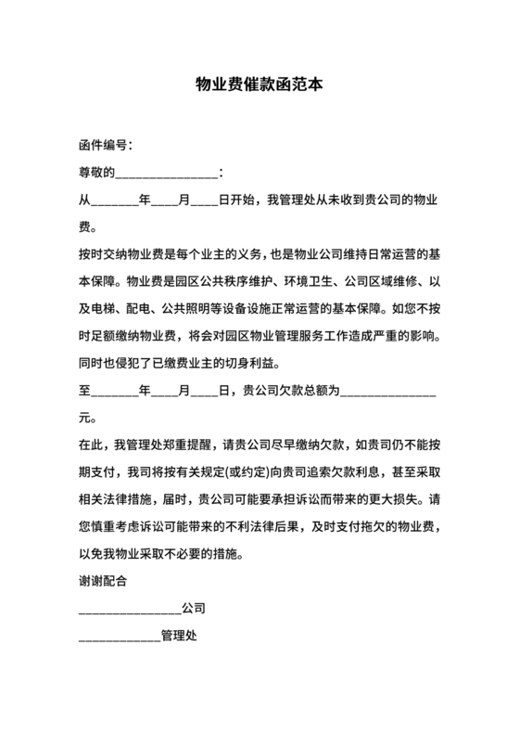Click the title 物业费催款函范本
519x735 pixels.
[x=259, y=84]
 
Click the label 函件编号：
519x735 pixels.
[x=106, y=146]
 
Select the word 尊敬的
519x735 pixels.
[x=95, y=172]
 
